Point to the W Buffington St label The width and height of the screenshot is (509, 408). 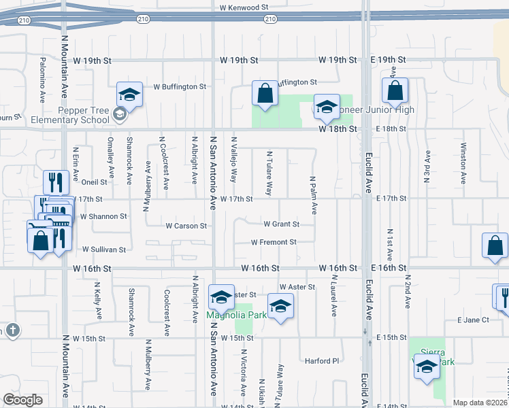click(x=180, y=87)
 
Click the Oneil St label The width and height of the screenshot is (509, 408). click(x=94, y=182)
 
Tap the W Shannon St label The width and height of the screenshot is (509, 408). click(x=103, y=216)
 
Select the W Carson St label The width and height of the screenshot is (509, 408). click(x=186, y=226)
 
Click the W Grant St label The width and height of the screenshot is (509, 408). click(x=282, y=224)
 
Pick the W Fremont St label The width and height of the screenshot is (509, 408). click(x=274, y=242)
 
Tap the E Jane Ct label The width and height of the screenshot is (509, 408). click(x=473, y=320)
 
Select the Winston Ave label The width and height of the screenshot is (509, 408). click(x=463, y=164)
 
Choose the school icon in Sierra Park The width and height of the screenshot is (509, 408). click(x=427, y=367)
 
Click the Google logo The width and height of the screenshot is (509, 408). click(x=22, y=399)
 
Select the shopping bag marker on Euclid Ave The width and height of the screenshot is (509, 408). click(x=395, y=91)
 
